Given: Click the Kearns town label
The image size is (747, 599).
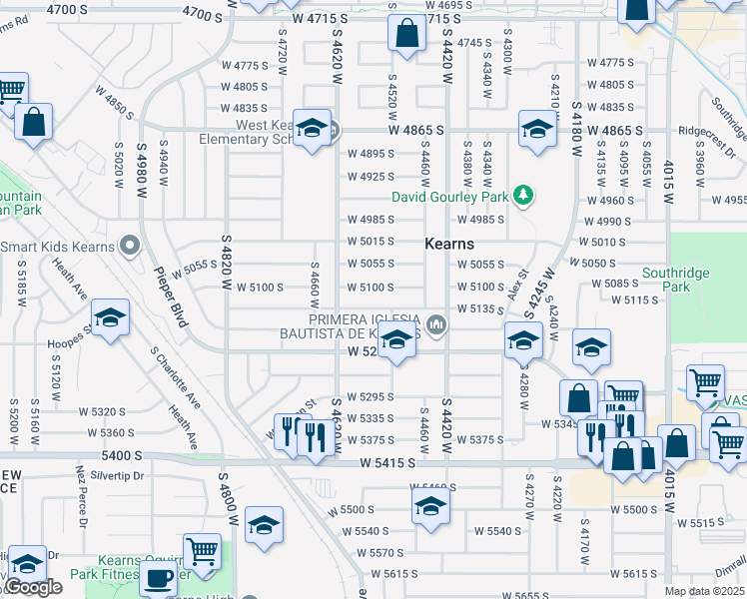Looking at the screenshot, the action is pos(448,244).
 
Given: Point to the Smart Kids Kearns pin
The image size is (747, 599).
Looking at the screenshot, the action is pos(128,245).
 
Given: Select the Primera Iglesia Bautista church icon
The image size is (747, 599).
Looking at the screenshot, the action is pos(435,323).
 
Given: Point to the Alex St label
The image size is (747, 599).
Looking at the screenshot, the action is pos(517,283).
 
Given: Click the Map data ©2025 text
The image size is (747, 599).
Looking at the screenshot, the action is pos(705,591).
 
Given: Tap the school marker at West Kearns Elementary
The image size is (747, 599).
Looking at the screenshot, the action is pos(312,127).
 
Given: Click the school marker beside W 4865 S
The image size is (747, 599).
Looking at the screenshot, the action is pos(537,128).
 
